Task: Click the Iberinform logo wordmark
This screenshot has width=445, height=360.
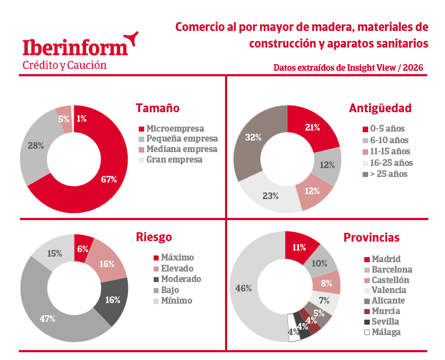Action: point(75,48)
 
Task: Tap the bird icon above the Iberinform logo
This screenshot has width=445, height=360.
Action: point(131,38)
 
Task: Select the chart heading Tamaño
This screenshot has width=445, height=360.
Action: point(158,108)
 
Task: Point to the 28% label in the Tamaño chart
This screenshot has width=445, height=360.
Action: point(36,145)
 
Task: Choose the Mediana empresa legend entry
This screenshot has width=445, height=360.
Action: point(178,149)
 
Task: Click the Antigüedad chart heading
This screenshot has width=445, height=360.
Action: point(380,108)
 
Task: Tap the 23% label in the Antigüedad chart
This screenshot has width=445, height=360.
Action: point(270,196)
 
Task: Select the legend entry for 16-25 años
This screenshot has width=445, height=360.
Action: point(388,163)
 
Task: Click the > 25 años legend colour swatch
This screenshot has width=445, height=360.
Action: point(365,174)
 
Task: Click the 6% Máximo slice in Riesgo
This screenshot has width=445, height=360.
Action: point(82,248)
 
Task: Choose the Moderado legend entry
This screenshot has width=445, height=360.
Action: point(177,279)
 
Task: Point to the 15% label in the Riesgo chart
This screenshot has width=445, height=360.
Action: point(55,253)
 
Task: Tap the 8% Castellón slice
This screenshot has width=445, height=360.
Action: point(326,283)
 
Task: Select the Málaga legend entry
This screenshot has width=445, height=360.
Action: point(383,332)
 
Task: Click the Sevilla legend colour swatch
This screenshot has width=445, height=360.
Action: point(367,322)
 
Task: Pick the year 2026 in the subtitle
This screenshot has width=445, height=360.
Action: point(413,67)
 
